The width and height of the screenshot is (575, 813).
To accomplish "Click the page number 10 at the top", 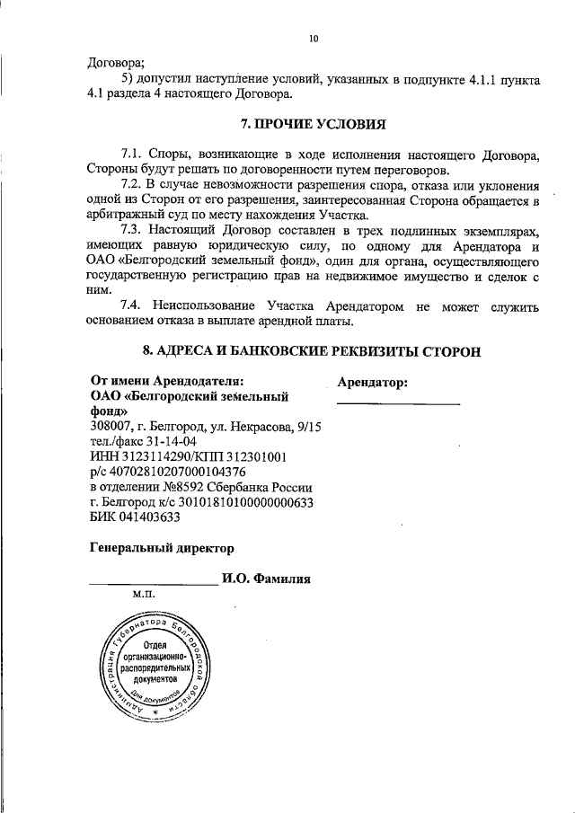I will (313, 38).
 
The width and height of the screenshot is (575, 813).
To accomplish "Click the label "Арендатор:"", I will (373, 383).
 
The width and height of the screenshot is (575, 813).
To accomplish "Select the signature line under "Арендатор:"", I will (398, 403).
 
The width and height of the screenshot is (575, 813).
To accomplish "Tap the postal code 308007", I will (112, 426).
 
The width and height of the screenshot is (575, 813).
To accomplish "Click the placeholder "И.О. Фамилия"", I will (266, 579).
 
